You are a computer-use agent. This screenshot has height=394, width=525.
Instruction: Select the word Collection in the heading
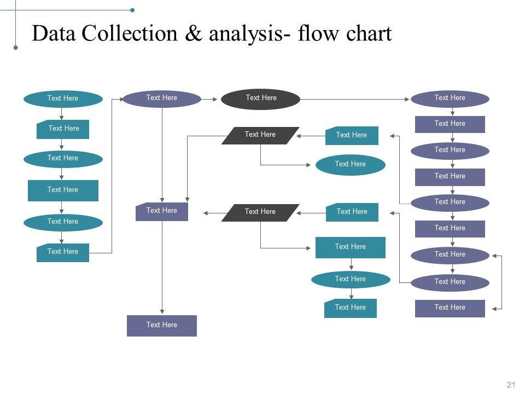[130, 34]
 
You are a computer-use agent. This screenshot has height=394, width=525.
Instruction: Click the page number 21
[511, 385]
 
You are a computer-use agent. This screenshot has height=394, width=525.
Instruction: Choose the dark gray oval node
[261, 99]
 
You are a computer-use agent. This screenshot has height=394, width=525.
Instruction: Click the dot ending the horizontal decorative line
[132, 10]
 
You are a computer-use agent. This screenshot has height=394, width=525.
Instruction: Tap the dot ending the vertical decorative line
[15, 48]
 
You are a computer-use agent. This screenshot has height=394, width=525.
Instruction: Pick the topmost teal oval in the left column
[63, 99]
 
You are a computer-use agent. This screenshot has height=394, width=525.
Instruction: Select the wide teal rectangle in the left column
[63, 190]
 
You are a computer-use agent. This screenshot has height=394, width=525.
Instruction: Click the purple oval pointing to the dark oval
[162, 99]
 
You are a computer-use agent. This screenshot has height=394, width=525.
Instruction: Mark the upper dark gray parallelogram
[260, 135]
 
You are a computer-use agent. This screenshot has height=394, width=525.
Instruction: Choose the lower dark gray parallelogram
[260, 212]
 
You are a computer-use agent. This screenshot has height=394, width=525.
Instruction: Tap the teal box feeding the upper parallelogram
[352, 135]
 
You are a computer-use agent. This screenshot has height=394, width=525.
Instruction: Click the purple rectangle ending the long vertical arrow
[162, 325]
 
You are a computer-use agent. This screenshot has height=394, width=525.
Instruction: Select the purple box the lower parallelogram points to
[162, 211]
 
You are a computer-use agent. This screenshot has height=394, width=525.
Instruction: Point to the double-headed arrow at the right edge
[502, 282]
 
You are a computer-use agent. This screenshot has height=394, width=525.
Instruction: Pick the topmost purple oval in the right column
[450, 99]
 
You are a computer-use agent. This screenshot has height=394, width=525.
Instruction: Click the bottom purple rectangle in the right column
[450, 308]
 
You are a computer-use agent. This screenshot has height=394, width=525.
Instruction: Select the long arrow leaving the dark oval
[355, 99]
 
